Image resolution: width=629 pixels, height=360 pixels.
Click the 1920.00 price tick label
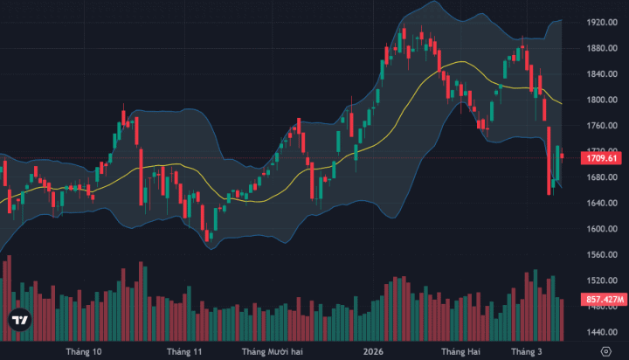click(x=603, y=22)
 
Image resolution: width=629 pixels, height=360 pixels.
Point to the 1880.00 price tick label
click(x=603, y=48)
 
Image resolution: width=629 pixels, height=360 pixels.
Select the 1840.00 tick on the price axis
click(x=603, y=74)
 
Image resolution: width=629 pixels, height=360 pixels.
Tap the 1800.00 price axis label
click(x=603, y=100)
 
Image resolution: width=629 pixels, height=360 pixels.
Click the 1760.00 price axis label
click(x=603, y=126)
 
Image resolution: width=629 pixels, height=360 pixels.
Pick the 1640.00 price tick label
click(x=603, y=204)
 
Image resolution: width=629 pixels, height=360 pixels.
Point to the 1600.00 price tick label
click(x=603, y=229)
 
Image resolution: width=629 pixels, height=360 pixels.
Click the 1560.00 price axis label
click(x=603, y=255)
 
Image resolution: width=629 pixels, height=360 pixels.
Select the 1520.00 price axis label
click(x=603, y=280)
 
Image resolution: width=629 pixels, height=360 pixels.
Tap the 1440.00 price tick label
click(x=603, y=333)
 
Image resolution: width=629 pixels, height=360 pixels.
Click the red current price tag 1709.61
click(x=602, y=158)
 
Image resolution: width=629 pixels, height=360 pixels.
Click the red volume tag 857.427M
click(x=603, y=300)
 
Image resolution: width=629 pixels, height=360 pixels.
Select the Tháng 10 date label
click(x=84, y=351)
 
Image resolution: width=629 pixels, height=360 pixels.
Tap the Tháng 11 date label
click(x=184, y=351)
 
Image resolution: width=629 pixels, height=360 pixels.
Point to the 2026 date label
click(x=373, y=351)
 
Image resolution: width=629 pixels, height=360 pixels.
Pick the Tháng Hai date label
click(x=460, y=351)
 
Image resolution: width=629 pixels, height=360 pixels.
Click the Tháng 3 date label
click(x=526, y=351)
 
